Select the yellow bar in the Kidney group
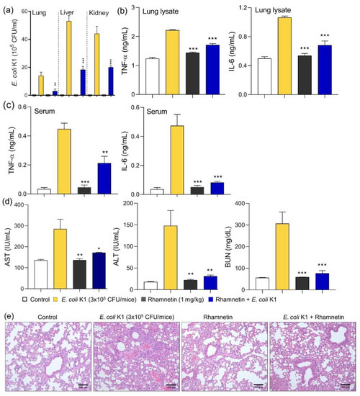[97, 64]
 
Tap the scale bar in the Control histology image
[83, 385]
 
